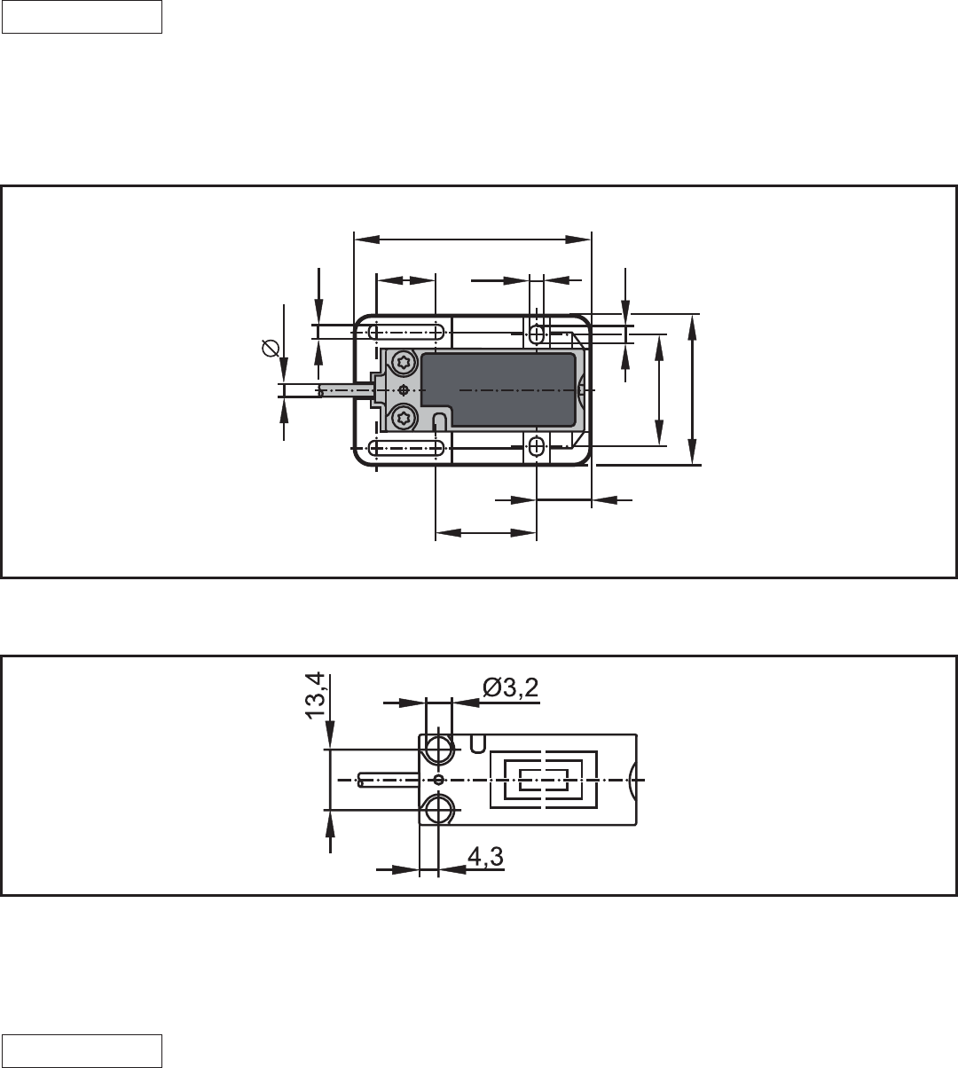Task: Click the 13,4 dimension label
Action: (315, 695)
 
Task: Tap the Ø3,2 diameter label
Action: (510, 687)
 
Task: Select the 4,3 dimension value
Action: (485, 857)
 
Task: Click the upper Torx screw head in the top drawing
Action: (404, 362)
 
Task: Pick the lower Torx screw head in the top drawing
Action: (404, 418)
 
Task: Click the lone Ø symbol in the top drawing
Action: (271, 348)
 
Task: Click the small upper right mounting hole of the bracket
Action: (536, 334)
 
